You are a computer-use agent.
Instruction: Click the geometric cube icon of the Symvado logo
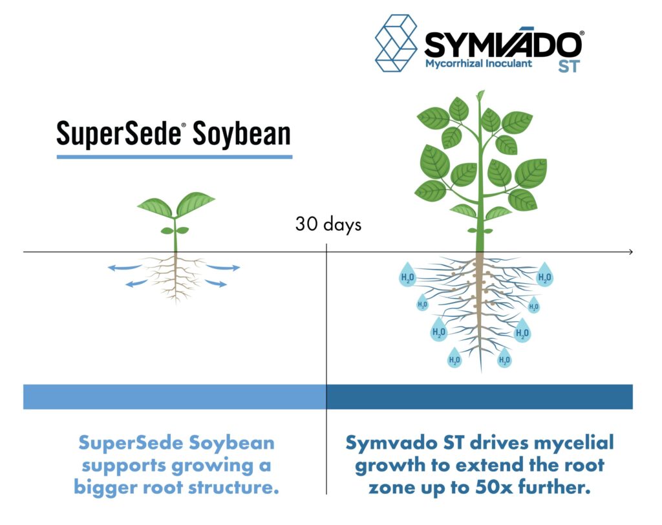[396, 43]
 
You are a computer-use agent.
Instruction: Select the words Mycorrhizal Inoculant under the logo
[478, 64]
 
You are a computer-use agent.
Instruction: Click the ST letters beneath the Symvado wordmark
[569, 67]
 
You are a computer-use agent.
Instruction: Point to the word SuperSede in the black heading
[118, 134]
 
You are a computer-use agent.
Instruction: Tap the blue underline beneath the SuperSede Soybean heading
[175, 157]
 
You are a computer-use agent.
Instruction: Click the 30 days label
[328, 224]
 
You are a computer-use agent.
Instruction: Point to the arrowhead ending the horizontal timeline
[631, 252]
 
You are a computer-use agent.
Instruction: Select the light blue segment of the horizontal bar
[175, 396]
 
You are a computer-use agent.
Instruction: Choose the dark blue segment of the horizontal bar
[480, 396]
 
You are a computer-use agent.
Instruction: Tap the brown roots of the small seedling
[175, 277]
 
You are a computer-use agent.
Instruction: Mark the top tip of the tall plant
[481, 92]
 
